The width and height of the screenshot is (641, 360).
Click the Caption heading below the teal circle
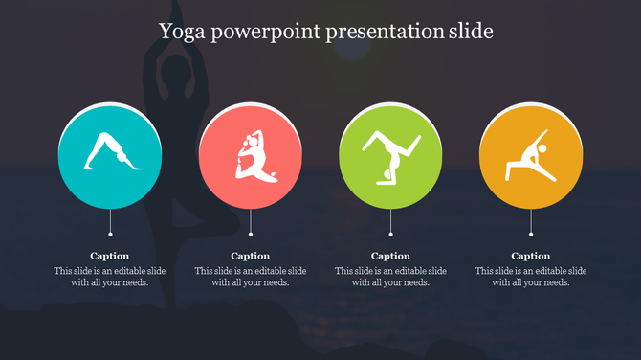pyautogui.click(x=110, y=256)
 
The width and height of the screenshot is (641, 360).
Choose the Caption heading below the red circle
pyautogui.click(x=251, y=256)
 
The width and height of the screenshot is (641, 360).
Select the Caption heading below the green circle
pyautogui.click(x=390, y=256)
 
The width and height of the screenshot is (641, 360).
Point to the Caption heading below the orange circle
pyautogui.click(x=531, y=256)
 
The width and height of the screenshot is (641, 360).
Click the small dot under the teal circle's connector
pyautogui.click(x=110, y=234)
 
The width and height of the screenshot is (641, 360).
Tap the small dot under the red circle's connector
pyautogui.click(x=251, y=234)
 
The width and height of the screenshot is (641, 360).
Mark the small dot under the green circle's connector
pyautogui.click(x=390, y=234)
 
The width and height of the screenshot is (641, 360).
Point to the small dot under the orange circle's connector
pyautogui.click(x=531, y=234)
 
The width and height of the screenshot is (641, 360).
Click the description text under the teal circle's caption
pyautogui.click(x=110, y=277)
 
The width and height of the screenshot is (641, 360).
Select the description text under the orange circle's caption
pyautogui.click(x=531, y=277)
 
